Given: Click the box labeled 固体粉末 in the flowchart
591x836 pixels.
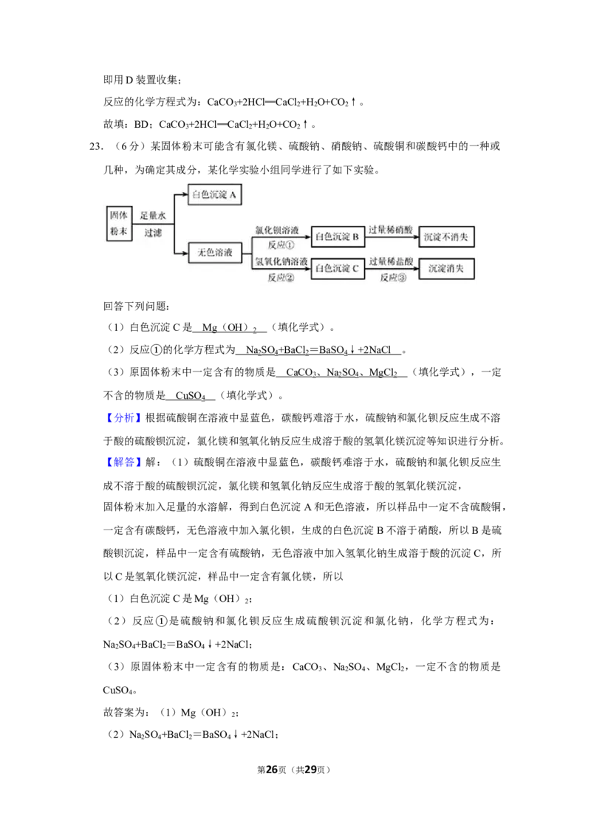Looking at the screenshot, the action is tap(119, 223).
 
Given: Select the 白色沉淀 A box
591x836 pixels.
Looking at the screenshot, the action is tap(214, 195).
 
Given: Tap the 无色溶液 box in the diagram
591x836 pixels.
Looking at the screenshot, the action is tap(215, 252).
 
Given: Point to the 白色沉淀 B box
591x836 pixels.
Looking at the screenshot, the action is tap(338, 236).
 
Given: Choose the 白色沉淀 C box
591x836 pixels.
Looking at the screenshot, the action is tap(338, 269).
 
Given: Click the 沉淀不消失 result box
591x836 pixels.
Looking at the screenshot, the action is tap(446, 237).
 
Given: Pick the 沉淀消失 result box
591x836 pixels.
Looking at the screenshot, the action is tap(446, 269).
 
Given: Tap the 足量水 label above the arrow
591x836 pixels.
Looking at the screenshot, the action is tap(153, 216).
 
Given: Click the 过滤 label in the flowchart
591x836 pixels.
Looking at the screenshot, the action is tap(153, 233).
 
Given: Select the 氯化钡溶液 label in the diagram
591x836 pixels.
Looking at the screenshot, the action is tap(276, 230).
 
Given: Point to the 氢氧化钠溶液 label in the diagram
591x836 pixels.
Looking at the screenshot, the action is tap(281, 261).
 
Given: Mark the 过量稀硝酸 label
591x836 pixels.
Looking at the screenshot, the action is tap(391, 230).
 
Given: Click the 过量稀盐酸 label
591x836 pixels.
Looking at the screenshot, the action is tap(391, 261).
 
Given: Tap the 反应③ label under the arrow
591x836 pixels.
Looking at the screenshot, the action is tap(393, 277).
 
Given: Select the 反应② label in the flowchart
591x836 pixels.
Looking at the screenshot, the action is tap(281, 277).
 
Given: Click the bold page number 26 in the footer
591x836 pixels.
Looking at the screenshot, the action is tap(272, 770).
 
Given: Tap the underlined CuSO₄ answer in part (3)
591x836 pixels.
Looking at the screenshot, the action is tap(191, 396).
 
